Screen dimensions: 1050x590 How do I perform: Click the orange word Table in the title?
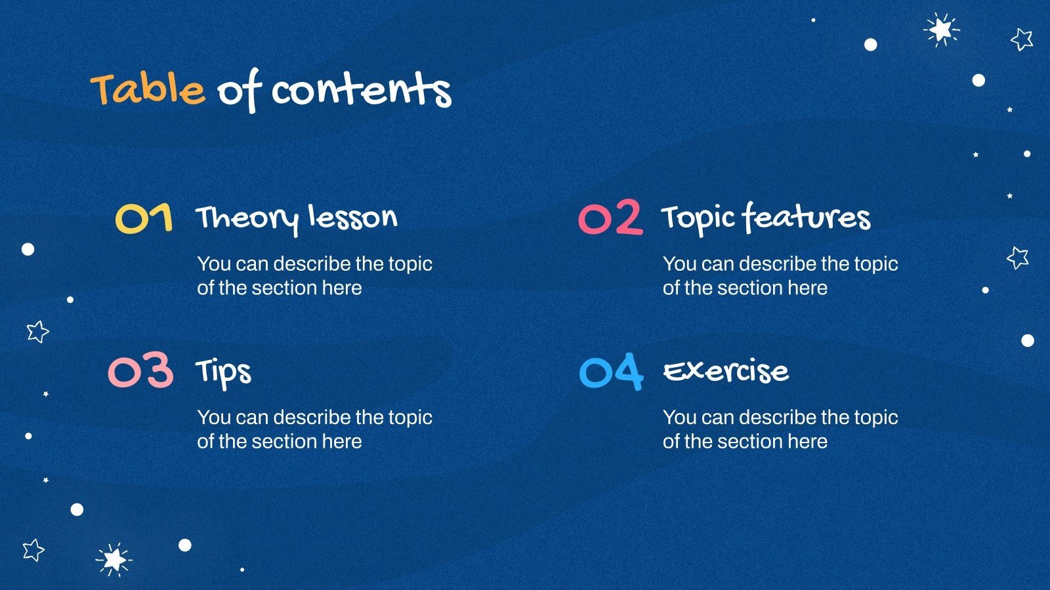[x=148, y=89]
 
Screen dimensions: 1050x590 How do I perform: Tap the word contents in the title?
[x=362, y=89]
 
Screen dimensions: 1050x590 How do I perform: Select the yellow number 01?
[x=144, y=218]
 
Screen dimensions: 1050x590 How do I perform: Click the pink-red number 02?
[x=611, y=217]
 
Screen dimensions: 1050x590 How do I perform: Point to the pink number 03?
[x=140, y=370]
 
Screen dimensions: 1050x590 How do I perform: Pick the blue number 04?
[x=611, y=372]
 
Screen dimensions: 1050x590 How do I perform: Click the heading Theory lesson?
[x=296, y=219]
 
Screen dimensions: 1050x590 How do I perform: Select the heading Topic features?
[x=766, y=219]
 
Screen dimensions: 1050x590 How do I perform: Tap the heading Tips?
[x=224, y=373]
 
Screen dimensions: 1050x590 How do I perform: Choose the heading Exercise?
[x=726, y=372]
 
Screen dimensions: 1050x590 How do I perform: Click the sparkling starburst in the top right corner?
[x=941, y=30]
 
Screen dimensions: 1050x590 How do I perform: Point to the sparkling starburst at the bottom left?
[x=114, y=560]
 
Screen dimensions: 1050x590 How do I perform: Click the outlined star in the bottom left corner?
[x=33, y=550]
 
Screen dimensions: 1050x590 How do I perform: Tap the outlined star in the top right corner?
[x=1022, y=39]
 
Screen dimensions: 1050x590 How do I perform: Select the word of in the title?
[x=239, y=90]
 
